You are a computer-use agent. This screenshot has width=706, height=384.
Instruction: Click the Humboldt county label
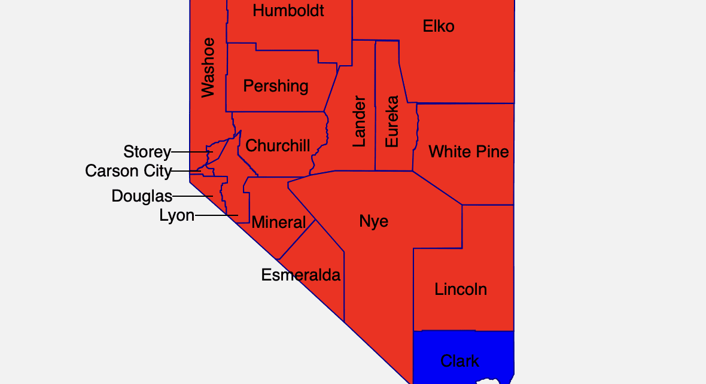(x=288, y=11)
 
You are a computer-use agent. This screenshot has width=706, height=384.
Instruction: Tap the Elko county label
(x=438, y=26)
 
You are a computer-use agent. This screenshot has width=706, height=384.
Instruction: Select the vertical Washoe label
(x=208, y=67)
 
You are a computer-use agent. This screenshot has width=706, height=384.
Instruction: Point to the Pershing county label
(x=276, y=86)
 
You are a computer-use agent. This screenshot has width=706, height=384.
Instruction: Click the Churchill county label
(x=278, y=145)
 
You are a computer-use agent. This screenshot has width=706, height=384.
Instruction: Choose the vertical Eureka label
(x=392, y=121)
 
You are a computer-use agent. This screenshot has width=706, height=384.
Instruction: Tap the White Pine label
(x=468, y=152)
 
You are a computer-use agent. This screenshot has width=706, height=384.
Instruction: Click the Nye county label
(x=373, y=221)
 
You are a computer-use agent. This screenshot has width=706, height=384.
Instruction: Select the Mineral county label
(x=278, y=223)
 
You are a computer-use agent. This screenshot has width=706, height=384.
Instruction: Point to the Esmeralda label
(x=301, y=275)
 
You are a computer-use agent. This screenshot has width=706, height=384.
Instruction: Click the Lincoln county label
(x=460, y=289)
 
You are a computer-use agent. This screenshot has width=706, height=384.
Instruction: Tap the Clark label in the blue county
(x=459, y=361)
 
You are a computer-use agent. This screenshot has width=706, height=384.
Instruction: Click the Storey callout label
(x=147, y=152)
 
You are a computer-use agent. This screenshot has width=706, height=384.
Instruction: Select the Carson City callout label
(x=128, y=171)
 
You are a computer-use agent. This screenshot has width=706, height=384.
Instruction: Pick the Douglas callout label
(x=142, y=196)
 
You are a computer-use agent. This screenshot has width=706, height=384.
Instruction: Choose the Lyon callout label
(x=176, y=215)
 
